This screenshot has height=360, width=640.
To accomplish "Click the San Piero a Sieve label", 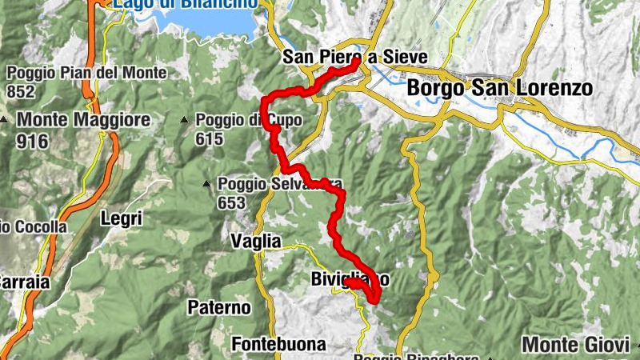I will click(x=354, y=57).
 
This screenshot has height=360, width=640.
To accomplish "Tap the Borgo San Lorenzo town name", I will click(x=500, y=87).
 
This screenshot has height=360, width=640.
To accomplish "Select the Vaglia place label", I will click(x=256, y=240).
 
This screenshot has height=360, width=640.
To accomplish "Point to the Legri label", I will click(x=122, y=217).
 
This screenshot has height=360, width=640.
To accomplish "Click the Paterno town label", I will click(x=219, y=306).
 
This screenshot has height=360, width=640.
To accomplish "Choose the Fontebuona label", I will click(x=279, y=345).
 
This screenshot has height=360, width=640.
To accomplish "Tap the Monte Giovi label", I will click(x=576, y=345).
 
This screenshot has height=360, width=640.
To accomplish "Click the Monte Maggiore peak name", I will click(x=84, y=120).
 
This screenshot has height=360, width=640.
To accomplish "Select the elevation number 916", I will click(x=32, y=141).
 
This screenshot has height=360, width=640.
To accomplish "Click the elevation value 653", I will click(x=231, y=203).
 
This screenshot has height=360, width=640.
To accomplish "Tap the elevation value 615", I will click(x=210, y=138).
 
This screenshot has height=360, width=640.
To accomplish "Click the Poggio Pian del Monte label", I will click(x=86, y=74).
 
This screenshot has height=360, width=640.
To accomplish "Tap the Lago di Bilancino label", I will click(x=186, y=3).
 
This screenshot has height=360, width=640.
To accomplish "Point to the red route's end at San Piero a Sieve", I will click(x=355, y=62).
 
